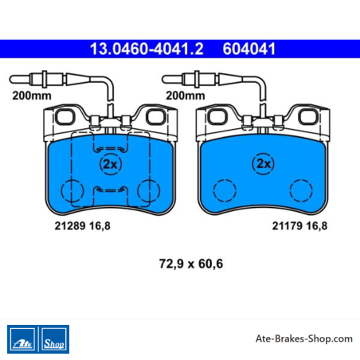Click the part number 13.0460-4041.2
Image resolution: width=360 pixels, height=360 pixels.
147,49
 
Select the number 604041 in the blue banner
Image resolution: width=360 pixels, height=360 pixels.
249,49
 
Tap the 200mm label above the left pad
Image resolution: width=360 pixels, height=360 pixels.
32,96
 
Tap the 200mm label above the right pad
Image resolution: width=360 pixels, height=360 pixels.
186,96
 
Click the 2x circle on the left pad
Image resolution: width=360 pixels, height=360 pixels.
111,164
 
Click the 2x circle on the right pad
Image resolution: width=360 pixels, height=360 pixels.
264,163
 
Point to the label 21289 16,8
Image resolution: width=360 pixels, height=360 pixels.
82,226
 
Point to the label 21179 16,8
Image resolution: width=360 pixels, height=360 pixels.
299,226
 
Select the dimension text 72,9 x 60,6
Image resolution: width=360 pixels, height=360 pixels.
191,264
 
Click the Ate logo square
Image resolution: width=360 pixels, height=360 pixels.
22,339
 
